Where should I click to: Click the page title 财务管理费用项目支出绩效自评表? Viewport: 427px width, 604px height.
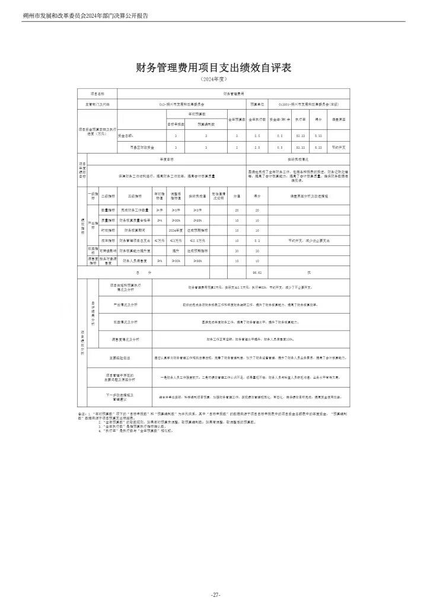(x=213, y=68)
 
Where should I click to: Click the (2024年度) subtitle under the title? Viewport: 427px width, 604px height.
(x=213, y=79)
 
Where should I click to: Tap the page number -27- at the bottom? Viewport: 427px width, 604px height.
(x=215, y=595)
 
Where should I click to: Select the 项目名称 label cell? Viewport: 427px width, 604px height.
(x=97, y=94)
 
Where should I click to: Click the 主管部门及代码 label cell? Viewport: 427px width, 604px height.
(x=97, y=103)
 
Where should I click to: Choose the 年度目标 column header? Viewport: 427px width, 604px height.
(x=167, y=159)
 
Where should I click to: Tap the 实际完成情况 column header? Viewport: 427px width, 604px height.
(x=298, y=159)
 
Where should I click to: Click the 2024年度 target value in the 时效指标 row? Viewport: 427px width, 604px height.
(x=175, y=230)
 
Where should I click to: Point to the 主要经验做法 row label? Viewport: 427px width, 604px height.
(x=119, y=358)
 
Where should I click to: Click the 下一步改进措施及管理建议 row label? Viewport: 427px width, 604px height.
(x=119, y=396)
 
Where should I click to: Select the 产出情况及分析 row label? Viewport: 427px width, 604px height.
(x=125, y=304)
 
